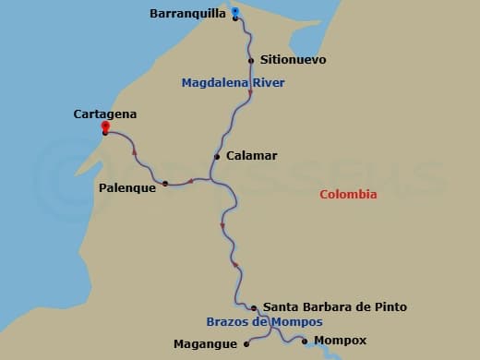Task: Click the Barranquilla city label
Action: click(x=187, y=14)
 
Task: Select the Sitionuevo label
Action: click(x=294, y=60)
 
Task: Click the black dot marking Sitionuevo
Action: click(x=252, y=61)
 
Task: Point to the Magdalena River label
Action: click(x=233, y=83)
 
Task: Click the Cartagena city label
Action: click(x=105, y=114)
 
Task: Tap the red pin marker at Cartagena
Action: click(x=105, y=127)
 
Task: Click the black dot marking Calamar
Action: click(x=217, y=157)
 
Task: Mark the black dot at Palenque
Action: click(x=165, y=184)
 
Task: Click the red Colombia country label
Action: click(x=348, y=194)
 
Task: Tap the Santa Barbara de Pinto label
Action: click(x=334, y=306)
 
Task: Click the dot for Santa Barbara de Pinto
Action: click(x=254, y=307)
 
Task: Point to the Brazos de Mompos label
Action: click(x=264, y=322)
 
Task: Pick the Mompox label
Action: click(x=341, y=341)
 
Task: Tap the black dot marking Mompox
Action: click(x=305, y=341)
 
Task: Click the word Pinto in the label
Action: click(x=390, y=306)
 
